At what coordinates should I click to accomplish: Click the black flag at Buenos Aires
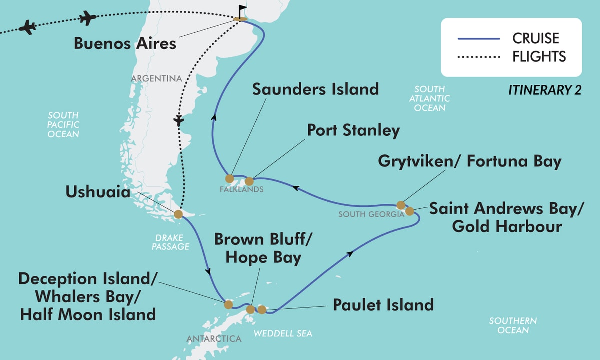tap(242, 10)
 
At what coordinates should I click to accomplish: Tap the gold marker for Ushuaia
tap(178, 215)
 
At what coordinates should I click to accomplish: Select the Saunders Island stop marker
tap(229, 178)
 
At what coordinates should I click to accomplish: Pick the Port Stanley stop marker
tap(250, 181)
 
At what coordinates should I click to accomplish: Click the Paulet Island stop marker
tap(261, 310)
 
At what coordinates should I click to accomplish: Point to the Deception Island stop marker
tap(228, 304)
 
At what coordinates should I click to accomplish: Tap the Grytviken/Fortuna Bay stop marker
tap(400, 205)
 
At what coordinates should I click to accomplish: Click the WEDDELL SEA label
tap(283, 333)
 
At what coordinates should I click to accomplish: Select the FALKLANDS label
tap(241, 190)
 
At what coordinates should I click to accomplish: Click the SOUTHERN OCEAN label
tap(513, 325)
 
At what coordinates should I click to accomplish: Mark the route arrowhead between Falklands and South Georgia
tap(296, 188)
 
